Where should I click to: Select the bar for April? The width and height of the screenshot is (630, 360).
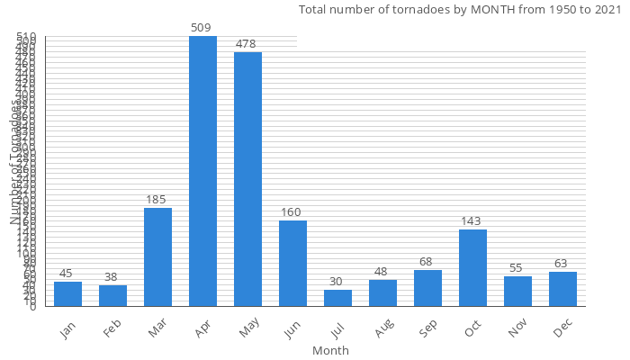(202, 171)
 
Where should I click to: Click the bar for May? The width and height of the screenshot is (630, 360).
(247, 179)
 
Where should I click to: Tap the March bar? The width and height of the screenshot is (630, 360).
(157, 257)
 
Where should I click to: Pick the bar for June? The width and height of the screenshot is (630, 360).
(292, 264)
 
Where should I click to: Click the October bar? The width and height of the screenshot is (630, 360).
(472, 268)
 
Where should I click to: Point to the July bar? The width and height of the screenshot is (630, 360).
(337, 298)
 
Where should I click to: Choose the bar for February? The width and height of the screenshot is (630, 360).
(112, 296)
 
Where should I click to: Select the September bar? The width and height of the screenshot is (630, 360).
(427, 288)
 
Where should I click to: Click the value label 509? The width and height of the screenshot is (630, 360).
(202, 28)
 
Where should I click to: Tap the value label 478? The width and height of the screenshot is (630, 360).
(247, 44)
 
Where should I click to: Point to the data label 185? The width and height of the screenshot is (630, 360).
(157, 200)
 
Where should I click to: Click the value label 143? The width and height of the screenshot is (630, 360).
(472, 221)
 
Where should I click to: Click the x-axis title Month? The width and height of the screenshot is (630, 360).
(330, 351)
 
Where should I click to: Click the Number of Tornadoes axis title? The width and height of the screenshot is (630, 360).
(15, 162)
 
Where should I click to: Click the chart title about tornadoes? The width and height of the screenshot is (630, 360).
(459, 10)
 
